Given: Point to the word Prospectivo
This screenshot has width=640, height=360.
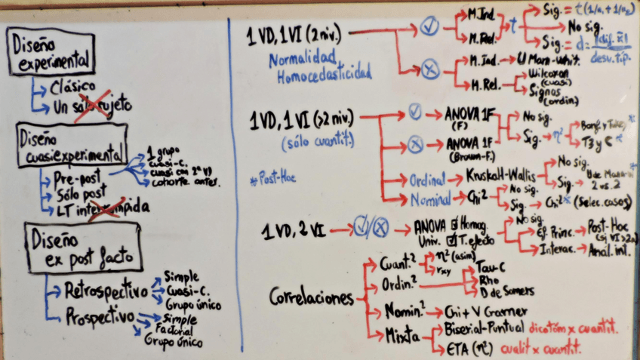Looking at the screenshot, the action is coord(100,315).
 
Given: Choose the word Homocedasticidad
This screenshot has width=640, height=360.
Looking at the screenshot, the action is coord(324,74).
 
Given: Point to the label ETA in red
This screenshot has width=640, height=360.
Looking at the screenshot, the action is coord(450,348).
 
